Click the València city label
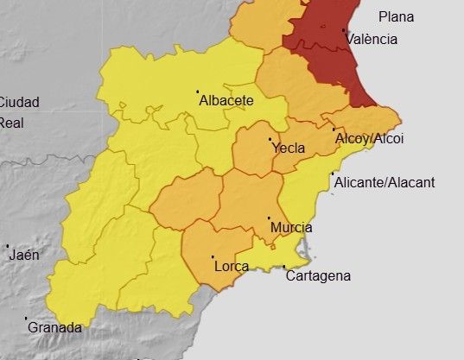click(x=372, y=39)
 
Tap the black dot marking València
click(x=345, y=31)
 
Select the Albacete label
click(x=226, y=100)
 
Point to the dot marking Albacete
click(x=198, y=92)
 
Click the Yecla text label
click(x=288, y=148)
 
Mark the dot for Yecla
click(x=270, y=139)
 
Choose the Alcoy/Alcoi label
click(x=369, y=138)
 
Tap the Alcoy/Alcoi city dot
click(x=334, y=130)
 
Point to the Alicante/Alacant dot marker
click(x=333, y=174)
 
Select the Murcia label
click(x=291, y=228)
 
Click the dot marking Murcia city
click(x=270, y=218)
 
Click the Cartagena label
click(x=318, y=276)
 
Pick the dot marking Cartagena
click(x=284, y=267)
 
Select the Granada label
click(x=54, y=328)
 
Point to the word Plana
click(x=396, y=16)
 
